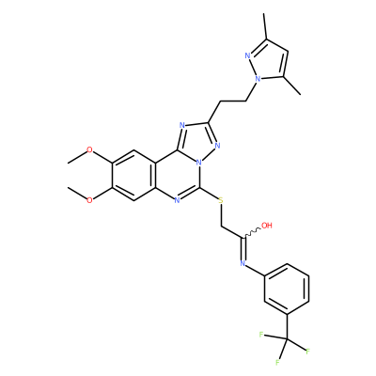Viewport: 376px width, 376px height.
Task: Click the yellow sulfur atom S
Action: click(x=221, y=200)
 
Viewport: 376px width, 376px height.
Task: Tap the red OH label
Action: click(x=267, y=226)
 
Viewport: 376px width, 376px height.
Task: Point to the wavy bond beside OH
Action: click(x=252, y=233)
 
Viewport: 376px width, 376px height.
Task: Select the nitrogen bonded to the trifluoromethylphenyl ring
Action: click(x=243, y=263)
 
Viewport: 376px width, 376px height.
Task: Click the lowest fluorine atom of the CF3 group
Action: click(x=277, y=363)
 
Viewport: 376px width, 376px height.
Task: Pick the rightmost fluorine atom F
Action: click(x=307, y=351)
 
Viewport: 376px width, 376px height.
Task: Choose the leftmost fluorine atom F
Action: click(x=260, y=335)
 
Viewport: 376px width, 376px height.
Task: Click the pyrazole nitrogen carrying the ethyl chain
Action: click(x=258, y=79)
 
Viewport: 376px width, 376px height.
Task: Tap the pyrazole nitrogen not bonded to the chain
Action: click(x=247, y=56)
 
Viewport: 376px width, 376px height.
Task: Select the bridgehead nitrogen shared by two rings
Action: click(x=198, y=164)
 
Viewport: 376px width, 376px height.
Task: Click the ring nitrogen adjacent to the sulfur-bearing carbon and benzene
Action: click(x=177, y=200)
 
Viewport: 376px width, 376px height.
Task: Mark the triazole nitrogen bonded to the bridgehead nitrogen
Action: click(x=218, y=146)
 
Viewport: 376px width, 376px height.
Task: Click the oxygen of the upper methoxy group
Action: click(x=89, y=150)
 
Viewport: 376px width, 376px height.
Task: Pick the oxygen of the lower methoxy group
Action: click(x=89, y=200)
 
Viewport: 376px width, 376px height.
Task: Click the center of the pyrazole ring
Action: click(x=269, y=63)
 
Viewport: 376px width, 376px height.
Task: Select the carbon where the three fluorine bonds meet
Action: click(x=287, y=338)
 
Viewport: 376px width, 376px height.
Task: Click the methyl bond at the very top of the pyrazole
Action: click(x=265, y=26)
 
